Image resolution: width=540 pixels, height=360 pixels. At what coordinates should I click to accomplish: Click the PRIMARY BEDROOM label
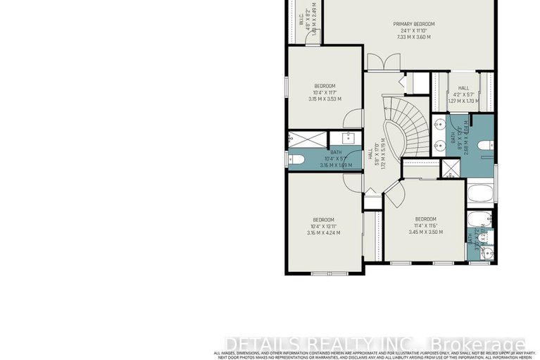coord(414,24)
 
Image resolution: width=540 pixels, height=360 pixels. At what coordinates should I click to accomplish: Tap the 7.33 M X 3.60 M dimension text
coord(414,37)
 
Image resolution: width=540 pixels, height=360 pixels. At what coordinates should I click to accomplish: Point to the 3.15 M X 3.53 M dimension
coord(324,99)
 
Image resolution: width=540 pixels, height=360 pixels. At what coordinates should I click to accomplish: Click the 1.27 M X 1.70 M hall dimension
coord(463,101)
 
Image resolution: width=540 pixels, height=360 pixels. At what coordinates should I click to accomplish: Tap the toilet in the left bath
coord(296,160)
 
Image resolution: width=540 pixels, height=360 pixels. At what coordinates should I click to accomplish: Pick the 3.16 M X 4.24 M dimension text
coord(324,232)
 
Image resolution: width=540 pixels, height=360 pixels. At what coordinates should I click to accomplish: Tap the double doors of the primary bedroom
coord(387,63)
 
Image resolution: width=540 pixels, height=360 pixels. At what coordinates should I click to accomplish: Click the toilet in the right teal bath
coord(485,146)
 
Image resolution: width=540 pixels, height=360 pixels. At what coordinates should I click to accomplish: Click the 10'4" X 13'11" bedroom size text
coord(324,225)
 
